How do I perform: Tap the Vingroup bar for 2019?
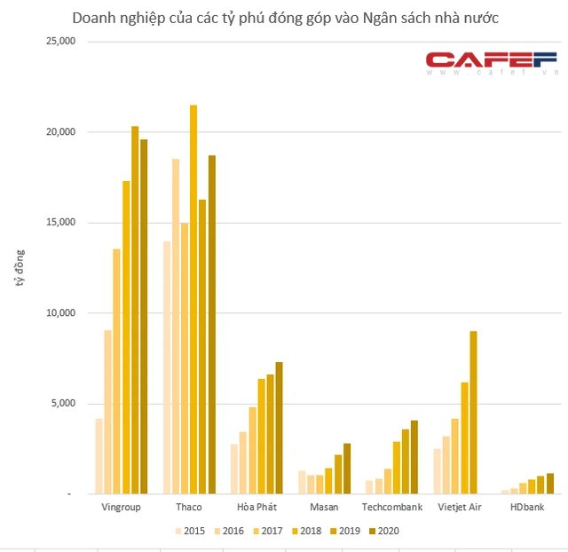[x=135, y=310]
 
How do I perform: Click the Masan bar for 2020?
[x=347, y=468]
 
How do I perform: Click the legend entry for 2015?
[x=189, y=531]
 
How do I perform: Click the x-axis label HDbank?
[x=528, y=508]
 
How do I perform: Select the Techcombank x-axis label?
[x=391, y=508]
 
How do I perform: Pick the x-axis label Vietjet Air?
[x=460, y=508]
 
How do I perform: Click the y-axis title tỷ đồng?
[x=20, y=268]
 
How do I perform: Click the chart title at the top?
[x=284, y=18]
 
